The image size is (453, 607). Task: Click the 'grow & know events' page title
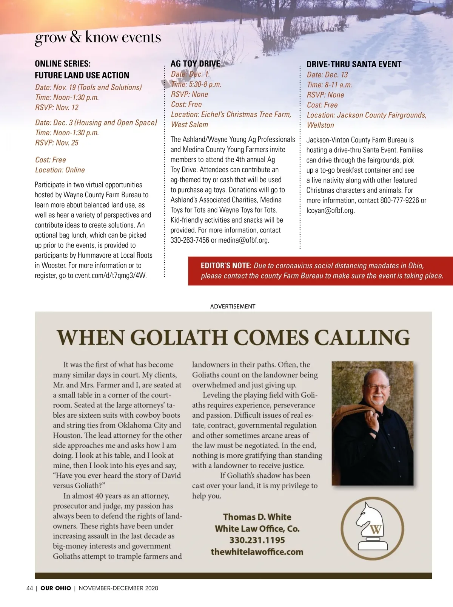tap(98, 37)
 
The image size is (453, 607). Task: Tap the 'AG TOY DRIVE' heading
tap(195, 63)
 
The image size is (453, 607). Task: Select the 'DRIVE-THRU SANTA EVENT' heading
tap(354, 64)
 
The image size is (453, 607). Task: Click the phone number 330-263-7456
tap(190, 240)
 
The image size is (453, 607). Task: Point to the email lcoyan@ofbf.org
tap(330, 211)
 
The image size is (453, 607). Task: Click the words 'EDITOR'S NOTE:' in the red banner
tap(226, 266)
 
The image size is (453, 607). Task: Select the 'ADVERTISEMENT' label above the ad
tap(233, 306)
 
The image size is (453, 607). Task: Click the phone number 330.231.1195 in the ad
tap(257, 540)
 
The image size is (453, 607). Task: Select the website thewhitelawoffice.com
tap(257, 552)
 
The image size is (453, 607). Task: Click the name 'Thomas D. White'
tap(257, 517)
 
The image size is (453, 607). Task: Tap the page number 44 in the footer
tap(30, 588)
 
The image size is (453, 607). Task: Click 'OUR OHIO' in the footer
tap(55, 588)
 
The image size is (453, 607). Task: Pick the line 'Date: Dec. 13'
tap(327, 75)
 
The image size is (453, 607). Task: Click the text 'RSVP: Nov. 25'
tap(57, 143)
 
